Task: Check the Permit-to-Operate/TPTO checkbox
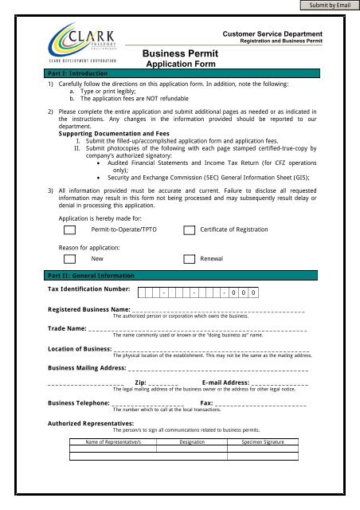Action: point(70,230)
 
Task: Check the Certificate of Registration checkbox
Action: point(190,230)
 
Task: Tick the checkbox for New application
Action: point(70,259)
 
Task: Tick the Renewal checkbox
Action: point(190,259)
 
